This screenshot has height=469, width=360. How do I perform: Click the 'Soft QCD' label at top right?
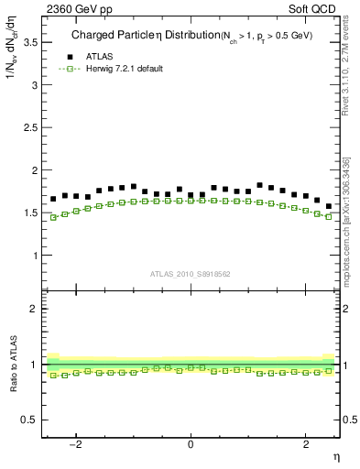pos(311,8)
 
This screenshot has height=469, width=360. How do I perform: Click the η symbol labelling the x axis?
pos(335,456)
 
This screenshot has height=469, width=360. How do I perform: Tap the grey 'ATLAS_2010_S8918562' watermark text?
pos(191,273)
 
